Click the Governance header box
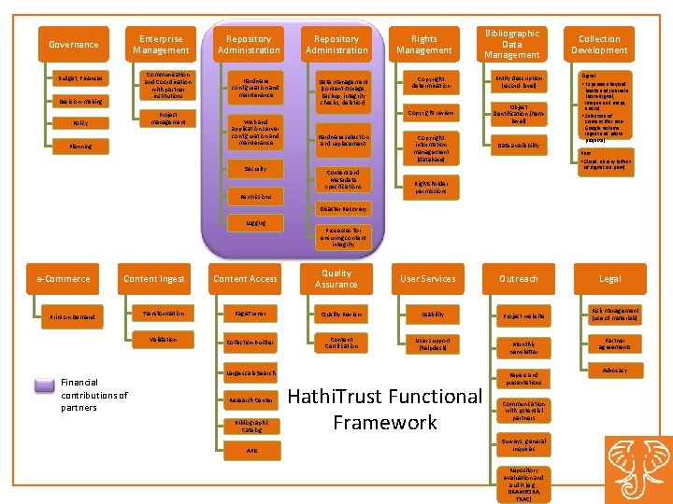(x=73, y=45)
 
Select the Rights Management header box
(x=424, y=45)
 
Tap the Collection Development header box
(x=599, y=45)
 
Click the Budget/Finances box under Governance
(x=79, y=77)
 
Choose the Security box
(x=255, y=169)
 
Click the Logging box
(x=255, y=223)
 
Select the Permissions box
(x=255, y=197)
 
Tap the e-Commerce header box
(x=64, y=278)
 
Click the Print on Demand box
(x=73, y=316)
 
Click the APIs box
(x=251, y=451)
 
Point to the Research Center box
(x=251, y=400)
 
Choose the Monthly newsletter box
(x=524, y=348)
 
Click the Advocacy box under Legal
(x=614, y=371)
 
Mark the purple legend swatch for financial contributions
(x=44, y=384)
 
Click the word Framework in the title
(x=384, y=423)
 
